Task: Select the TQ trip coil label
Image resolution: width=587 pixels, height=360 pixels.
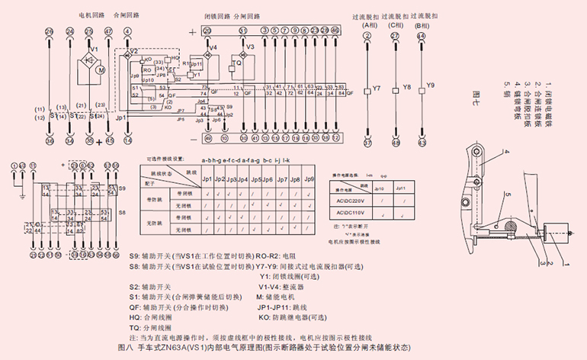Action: coord(237,64)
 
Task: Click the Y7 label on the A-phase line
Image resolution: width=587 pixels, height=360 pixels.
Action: coord(376,88)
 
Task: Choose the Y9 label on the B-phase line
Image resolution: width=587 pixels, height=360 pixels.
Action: coord(431,84)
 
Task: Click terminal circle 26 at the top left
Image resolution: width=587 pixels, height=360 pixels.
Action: coord(50,31)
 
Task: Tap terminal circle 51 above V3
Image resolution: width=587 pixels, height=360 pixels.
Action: coord(243,31)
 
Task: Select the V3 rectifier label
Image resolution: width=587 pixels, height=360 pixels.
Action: coord(249,47)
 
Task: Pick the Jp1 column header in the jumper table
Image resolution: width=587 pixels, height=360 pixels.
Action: coord(207,178)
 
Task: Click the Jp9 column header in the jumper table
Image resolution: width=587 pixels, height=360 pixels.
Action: coord(310,178)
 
